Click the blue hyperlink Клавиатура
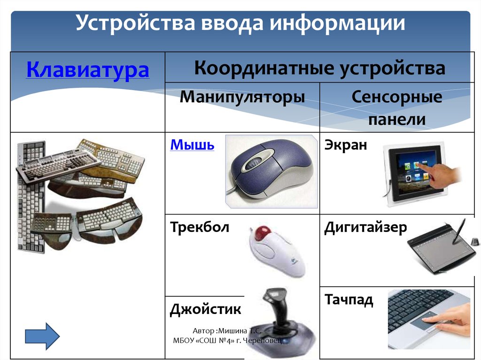(88, 70)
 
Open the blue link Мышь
(192, 145)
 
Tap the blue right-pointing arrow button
(42, 336)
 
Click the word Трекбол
(200, 228)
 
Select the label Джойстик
(206, 309)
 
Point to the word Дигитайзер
(365, 228)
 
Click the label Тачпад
(349, 299)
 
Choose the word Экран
(345, 145)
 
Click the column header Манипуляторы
(242, 97)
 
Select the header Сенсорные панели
(397, 108)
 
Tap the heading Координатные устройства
(319, 68)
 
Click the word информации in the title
(337, 23)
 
